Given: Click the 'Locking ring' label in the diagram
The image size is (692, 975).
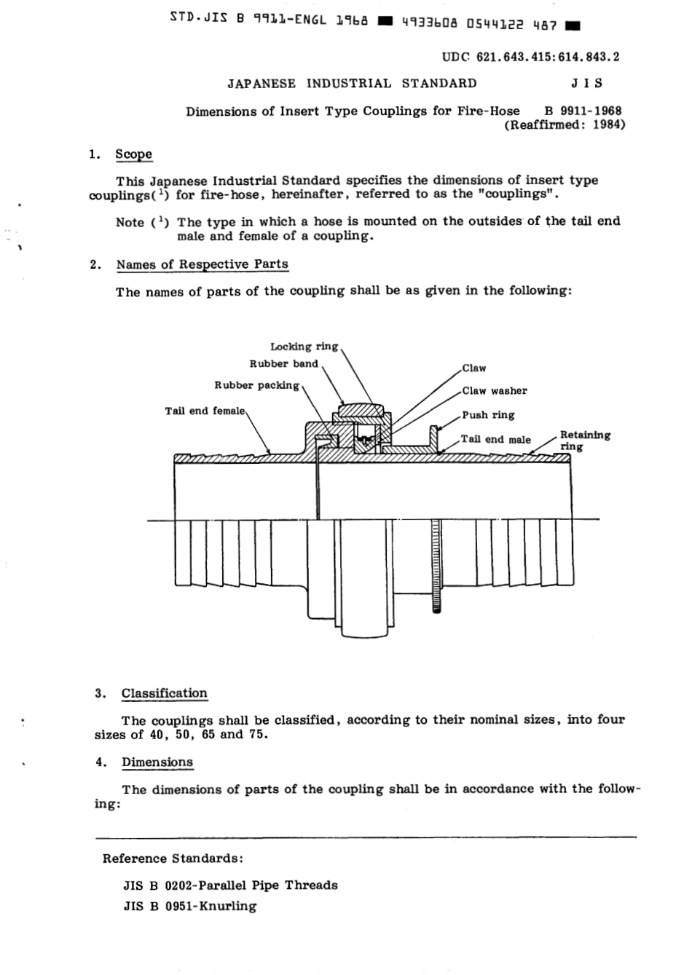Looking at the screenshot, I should pos(304,347).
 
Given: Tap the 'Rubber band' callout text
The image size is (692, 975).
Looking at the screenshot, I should pos(283,364).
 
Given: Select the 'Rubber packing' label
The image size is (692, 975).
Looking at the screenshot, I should pos(256,384).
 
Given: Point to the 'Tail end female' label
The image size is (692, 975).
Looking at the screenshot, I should pos(205,411).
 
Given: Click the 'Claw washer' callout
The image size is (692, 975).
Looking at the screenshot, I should pos(494,391).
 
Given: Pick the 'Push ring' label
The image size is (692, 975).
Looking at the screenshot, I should pos(488,415).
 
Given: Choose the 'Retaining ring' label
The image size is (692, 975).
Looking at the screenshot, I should pos(584,441).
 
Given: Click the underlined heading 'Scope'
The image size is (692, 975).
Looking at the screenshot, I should pos(134,154).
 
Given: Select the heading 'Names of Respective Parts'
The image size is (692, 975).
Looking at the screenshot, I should pos(202,264).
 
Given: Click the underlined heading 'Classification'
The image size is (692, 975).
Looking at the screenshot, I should pos(164,693).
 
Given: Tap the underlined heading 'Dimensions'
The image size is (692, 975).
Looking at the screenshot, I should pos(157,762).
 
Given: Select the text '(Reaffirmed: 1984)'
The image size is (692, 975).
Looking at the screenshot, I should pos(565,125).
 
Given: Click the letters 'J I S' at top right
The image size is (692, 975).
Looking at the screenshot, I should pos(587,83).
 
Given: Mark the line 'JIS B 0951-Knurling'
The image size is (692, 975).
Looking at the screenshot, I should pos(190,907).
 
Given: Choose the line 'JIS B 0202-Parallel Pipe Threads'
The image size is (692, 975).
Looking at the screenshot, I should pos(231,885).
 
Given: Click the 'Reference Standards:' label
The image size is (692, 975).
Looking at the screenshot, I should pos(173,858).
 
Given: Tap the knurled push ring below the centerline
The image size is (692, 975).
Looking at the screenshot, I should pos(436,567).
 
